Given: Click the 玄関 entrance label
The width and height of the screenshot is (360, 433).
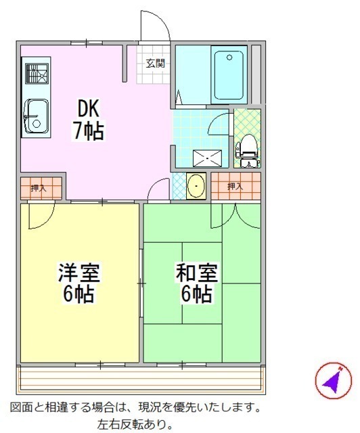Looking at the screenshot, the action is click(155, 64).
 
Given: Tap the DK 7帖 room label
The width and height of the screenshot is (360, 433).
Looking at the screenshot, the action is click(88, 119).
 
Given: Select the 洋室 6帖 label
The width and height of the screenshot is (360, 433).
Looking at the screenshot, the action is click(79, 283).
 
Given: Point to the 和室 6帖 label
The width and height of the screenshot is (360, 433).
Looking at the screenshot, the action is click(197, 283).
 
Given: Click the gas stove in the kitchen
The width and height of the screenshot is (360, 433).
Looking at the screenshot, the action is click(37, 73).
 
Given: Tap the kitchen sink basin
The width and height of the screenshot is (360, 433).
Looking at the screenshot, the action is click(36, 116).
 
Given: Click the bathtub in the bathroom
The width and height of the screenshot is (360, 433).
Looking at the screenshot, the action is click(229, 75).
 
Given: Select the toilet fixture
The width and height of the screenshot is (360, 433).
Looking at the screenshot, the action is click(247, 150).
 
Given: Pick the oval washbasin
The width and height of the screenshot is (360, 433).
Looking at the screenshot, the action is click(196, 185).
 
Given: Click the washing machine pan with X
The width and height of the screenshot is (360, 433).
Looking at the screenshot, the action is click(207, 158).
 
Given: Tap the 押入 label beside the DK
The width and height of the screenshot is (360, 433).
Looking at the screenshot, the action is click(39, 188).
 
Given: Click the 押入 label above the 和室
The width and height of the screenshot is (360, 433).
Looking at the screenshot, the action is click(235, 187).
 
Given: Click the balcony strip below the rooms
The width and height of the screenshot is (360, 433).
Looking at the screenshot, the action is click(141, 379).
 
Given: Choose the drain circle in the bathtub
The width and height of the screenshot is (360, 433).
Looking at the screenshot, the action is click(229, 58).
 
